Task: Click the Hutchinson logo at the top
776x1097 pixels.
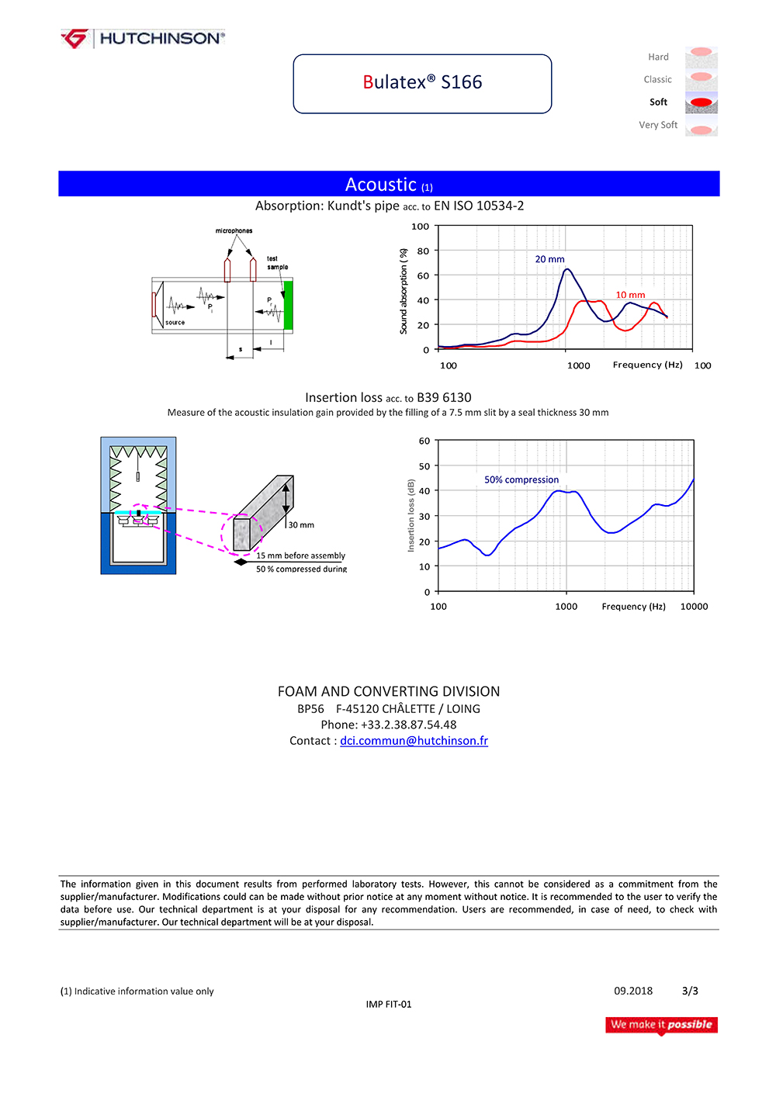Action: coord(144,38)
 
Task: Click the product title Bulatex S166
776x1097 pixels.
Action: coord(422,82)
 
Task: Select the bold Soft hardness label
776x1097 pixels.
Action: coord(658,102)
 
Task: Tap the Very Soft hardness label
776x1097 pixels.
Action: coord(658,125)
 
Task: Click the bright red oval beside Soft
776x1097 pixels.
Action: coord(702,102)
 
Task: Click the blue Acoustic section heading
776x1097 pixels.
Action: coord(389,185)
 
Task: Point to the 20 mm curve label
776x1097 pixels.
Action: coord(549,259)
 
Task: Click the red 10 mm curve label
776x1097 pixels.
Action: coord(630,295)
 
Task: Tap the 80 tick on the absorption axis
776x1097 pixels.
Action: coord(423,251)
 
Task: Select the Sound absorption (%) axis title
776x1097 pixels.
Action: coord(404,292)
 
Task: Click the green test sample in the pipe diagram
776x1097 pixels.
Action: coord(289,306)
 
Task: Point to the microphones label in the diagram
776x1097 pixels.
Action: coord(234,231)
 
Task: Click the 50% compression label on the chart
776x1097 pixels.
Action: coord(521,480)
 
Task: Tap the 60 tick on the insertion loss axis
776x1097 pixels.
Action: coord(424,441)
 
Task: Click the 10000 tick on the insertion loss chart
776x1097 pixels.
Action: coord(694,607)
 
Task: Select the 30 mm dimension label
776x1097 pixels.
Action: coord(301,525)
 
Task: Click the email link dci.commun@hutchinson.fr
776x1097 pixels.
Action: coord(414,741)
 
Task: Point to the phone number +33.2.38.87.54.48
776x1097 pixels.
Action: coord(408,725)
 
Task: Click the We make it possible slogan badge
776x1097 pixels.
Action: coord(661,1025)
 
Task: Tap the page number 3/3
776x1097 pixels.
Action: coord(690,991)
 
